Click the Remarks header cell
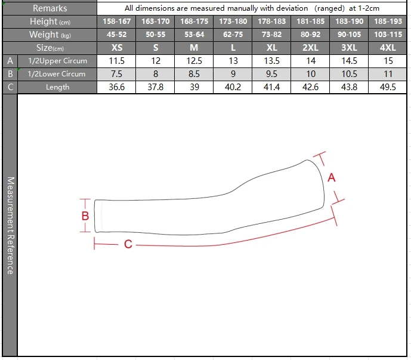[x=50, y=8]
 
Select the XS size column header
[x=117, y=48]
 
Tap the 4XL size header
[x=388, y=48]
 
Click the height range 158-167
[x=117, y=21]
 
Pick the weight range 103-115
[x=388, y=35]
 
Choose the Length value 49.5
[x=388, y=87]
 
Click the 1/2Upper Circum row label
[x=57, y=61]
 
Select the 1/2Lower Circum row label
[x=57, y=74]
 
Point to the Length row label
[x=57, y=87]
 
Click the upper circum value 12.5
[x=194, y=61]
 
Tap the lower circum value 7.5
[x=117, y=74]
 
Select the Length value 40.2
[x=233, y=87]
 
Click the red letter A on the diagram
[x=332, y=177]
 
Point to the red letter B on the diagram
[x=85, y=216]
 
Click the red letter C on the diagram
[x=128, y=244]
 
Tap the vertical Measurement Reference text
[x=10, y=226]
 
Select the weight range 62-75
[x=233, y=35]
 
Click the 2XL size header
[x=310, y=48]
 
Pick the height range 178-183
[x=271, y=21]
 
